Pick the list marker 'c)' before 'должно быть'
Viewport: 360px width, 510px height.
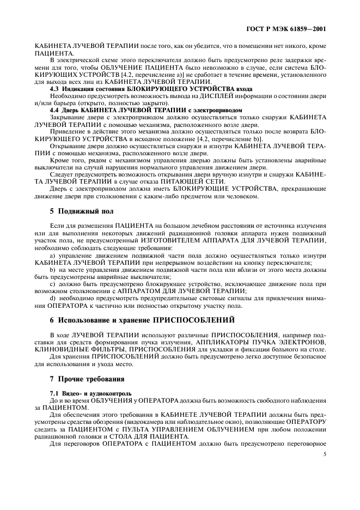[x=53, y=283]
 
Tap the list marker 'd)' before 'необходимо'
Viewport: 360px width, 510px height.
[x=53, y=298]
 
